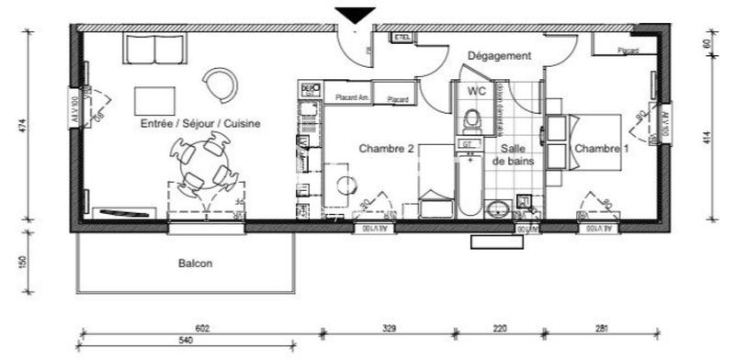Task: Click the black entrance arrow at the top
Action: pyautogui.click(x=355, y=15)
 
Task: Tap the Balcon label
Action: pyautogui.click(x=195, y=264)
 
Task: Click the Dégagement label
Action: pyautogui.click(x=500, y=56)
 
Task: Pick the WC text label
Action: pyautogui.click(x=476, y=92)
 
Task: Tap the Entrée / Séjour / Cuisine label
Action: pyautogui.click(x=200, y=123)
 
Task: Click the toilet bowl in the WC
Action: pyautogui.click(x=472, y=119)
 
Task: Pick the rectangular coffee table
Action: pyautogui.click(x=154, y=100)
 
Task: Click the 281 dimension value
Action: pyautogui.click(x=600, y=328)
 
